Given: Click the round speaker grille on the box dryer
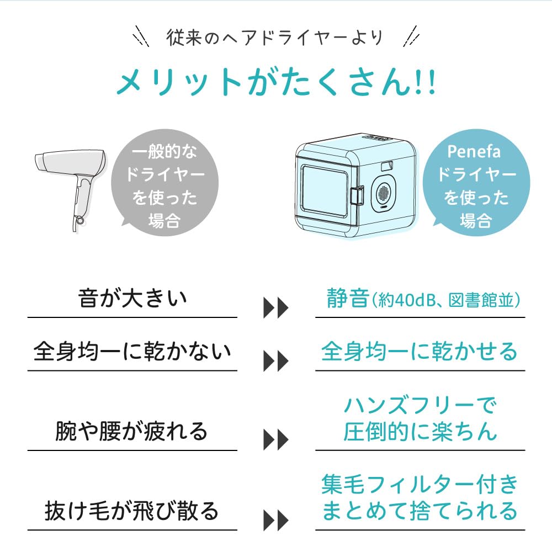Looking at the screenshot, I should (x=385, y=193).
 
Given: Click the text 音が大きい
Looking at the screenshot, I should (x=132, y=299).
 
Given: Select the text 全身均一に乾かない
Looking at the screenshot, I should (x=132, y=352).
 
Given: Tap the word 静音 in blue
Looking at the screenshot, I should (x=347, y=299).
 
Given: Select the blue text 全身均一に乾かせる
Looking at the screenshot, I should (x=420, y=352).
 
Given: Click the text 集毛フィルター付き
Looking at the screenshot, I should (x=420, y=485).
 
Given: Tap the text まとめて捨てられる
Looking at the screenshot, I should (x=420, y=510).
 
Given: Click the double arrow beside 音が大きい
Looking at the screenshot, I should (x=275, y=309).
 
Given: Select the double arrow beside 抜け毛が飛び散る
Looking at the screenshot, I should (x=275, y=520).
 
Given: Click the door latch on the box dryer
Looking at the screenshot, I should (x=357, y=194).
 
